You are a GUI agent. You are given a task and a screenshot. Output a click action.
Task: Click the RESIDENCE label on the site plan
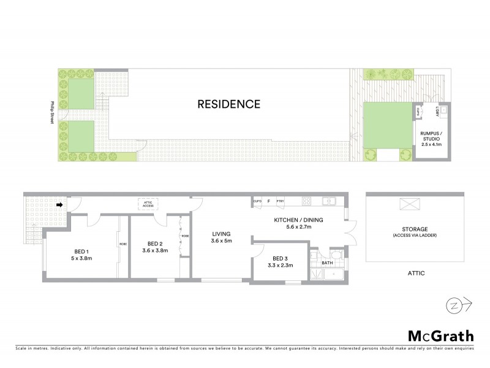[x=228, y=104]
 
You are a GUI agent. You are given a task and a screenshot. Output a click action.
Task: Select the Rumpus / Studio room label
[x=429, y=136]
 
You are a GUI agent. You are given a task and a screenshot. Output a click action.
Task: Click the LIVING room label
[x=221, y=234]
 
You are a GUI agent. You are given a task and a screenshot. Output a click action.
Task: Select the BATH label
[x=328, y=264]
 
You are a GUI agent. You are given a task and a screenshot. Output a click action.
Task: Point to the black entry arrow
[x=59, y=205]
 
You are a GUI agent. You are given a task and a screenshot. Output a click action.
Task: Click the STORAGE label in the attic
[x=415, y=229]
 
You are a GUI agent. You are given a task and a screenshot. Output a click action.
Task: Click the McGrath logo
[x=441, y=335]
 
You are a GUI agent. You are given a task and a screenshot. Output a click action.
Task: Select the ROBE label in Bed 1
[x=122, y=245]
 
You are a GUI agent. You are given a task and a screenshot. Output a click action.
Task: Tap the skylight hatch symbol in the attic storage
[x=407, y=205]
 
